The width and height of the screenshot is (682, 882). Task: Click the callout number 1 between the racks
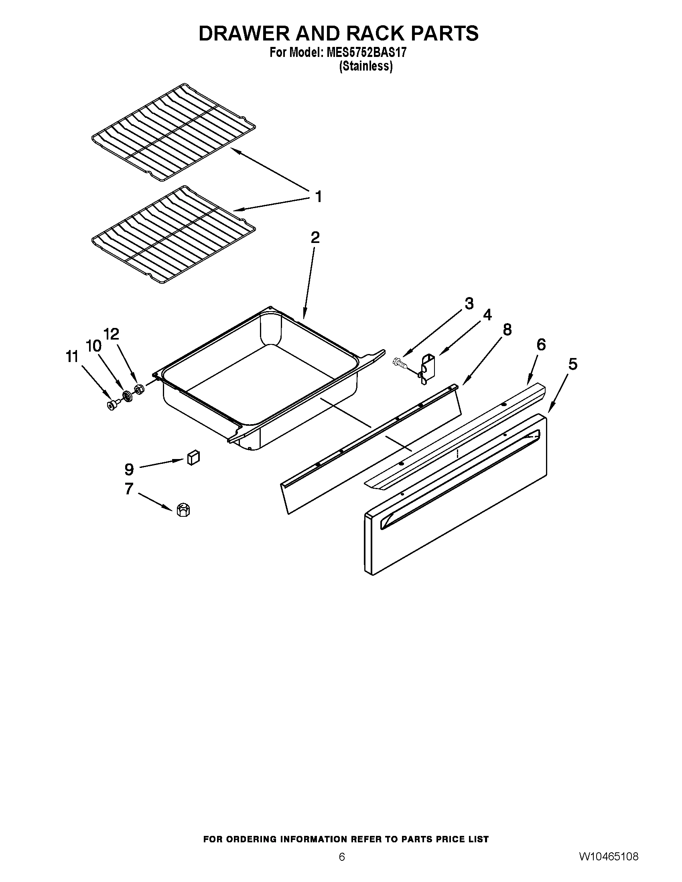pyautogui.click(x=319, y=197)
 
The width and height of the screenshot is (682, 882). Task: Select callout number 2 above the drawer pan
pyautogui.click(x=315, y=237)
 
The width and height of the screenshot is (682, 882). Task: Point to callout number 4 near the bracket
pyautogui.click(x=487, y=315)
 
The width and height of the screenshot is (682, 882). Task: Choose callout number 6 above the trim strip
pyautogui.click(x=541, y=344)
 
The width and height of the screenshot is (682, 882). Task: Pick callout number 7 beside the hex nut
pyautogui.click(x=129, y=489)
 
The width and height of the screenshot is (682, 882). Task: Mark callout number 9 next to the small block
pyautogui.click(x=129, y=469)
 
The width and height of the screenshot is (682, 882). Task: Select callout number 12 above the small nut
pyautogui.click(x=112, y=334)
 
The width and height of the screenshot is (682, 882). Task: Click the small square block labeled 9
pyautogui.click(x=193, y=458)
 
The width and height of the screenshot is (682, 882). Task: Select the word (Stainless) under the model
pyautogui.click(x=365, y=66)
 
